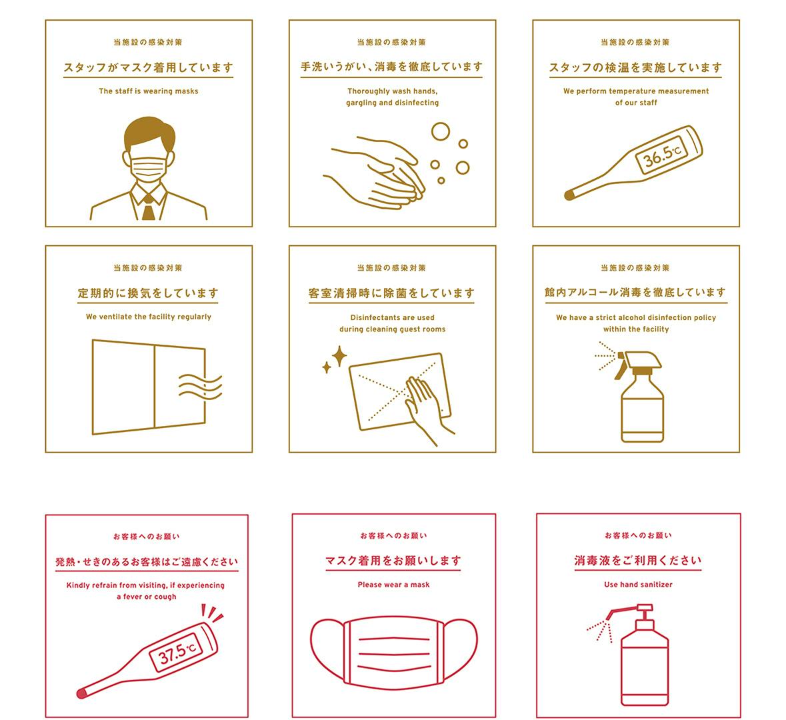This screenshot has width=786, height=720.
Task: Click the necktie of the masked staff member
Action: point(148,208)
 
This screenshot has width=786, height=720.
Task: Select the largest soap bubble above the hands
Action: point(441,131)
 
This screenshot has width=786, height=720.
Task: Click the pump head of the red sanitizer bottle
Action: point(631,612)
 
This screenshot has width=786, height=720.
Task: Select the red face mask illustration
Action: point(393,652)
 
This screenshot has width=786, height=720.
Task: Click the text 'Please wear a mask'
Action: point(393,585)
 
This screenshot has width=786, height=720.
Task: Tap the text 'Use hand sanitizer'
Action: point(638,585)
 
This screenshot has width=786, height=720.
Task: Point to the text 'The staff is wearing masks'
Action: point(149,91)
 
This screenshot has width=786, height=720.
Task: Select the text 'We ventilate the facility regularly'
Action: point(149,317)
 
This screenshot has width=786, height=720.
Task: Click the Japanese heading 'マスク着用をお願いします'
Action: point(393,561)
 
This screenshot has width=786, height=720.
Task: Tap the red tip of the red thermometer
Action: point(81,693)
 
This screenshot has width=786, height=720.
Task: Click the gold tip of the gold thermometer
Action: point(569,195)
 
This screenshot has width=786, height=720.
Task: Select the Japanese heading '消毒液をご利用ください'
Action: point(637,561)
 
